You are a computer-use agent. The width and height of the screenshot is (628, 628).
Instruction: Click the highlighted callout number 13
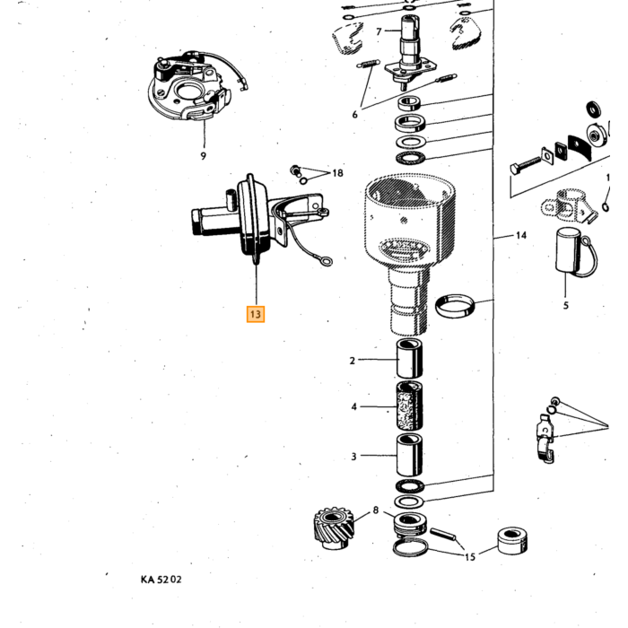tap(256, 314)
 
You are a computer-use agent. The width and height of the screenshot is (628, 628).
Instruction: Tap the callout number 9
tap(204, 156)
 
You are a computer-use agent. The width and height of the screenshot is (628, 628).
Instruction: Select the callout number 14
tap(521, 235)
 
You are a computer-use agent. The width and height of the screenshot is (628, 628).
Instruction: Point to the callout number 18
tap(337, 173)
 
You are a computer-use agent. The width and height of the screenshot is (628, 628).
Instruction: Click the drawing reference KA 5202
tap(161, 580)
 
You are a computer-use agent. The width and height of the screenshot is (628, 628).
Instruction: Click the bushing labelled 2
tap(409, 358)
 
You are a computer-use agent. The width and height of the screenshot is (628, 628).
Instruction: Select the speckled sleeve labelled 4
tap(409, 406)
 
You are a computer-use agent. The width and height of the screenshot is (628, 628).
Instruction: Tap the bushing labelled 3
tap(409, 455)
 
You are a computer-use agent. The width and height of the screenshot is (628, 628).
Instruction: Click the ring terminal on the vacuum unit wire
tap(327, 262)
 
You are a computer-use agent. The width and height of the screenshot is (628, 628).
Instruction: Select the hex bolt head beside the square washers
tap(515, 169)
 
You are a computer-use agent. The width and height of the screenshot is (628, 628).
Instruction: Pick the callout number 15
tap(470, 557)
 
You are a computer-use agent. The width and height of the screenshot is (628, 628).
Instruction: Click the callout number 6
tap(355, 115)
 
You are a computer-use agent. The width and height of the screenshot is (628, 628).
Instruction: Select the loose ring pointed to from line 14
tap(455, 306)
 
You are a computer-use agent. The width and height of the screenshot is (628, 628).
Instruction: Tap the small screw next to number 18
tap(295, 170)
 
